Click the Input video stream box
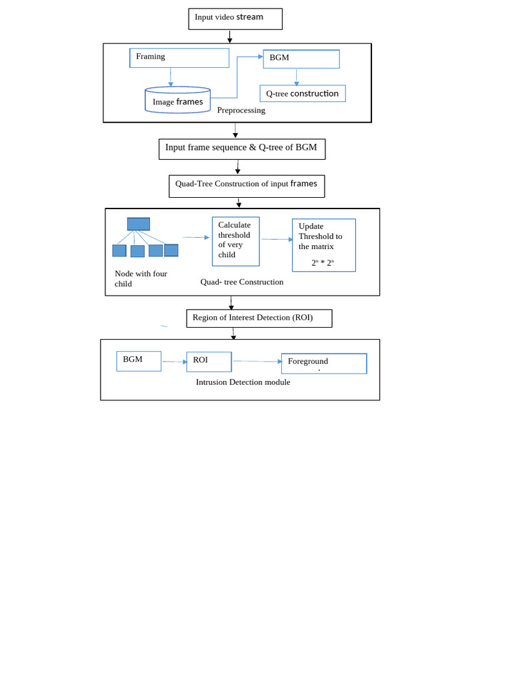[x=235, y=19]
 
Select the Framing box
[x=179, y=58]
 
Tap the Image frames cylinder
[x=177, y=101]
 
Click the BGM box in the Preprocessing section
[x=301, y=59]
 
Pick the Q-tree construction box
[x=303, y=94]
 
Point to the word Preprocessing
[x=241, y=111]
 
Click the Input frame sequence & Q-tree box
[x=242, y=149]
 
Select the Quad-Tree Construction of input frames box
[x=247, y=186]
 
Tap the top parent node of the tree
[x=139, y=224]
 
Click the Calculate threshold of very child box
[x=236, y=241]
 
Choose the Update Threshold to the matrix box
[x=324, y=244]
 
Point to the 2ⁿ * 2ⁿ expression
[x=323, y=263]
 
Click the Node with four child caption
[x=141, y=278]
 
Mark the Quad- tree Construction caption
[x=242, y=282]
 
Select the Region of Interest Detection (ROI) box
[x=259, y=318]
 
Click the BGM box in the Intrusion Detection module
[x=139, y=361]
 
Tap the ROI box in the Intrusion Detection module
[x=209, y=362]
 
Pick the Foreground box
[x=324, y=363]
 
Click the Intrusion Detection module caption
[x=243, y=382]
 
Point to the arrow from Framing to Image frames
[x=171, y=77]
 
